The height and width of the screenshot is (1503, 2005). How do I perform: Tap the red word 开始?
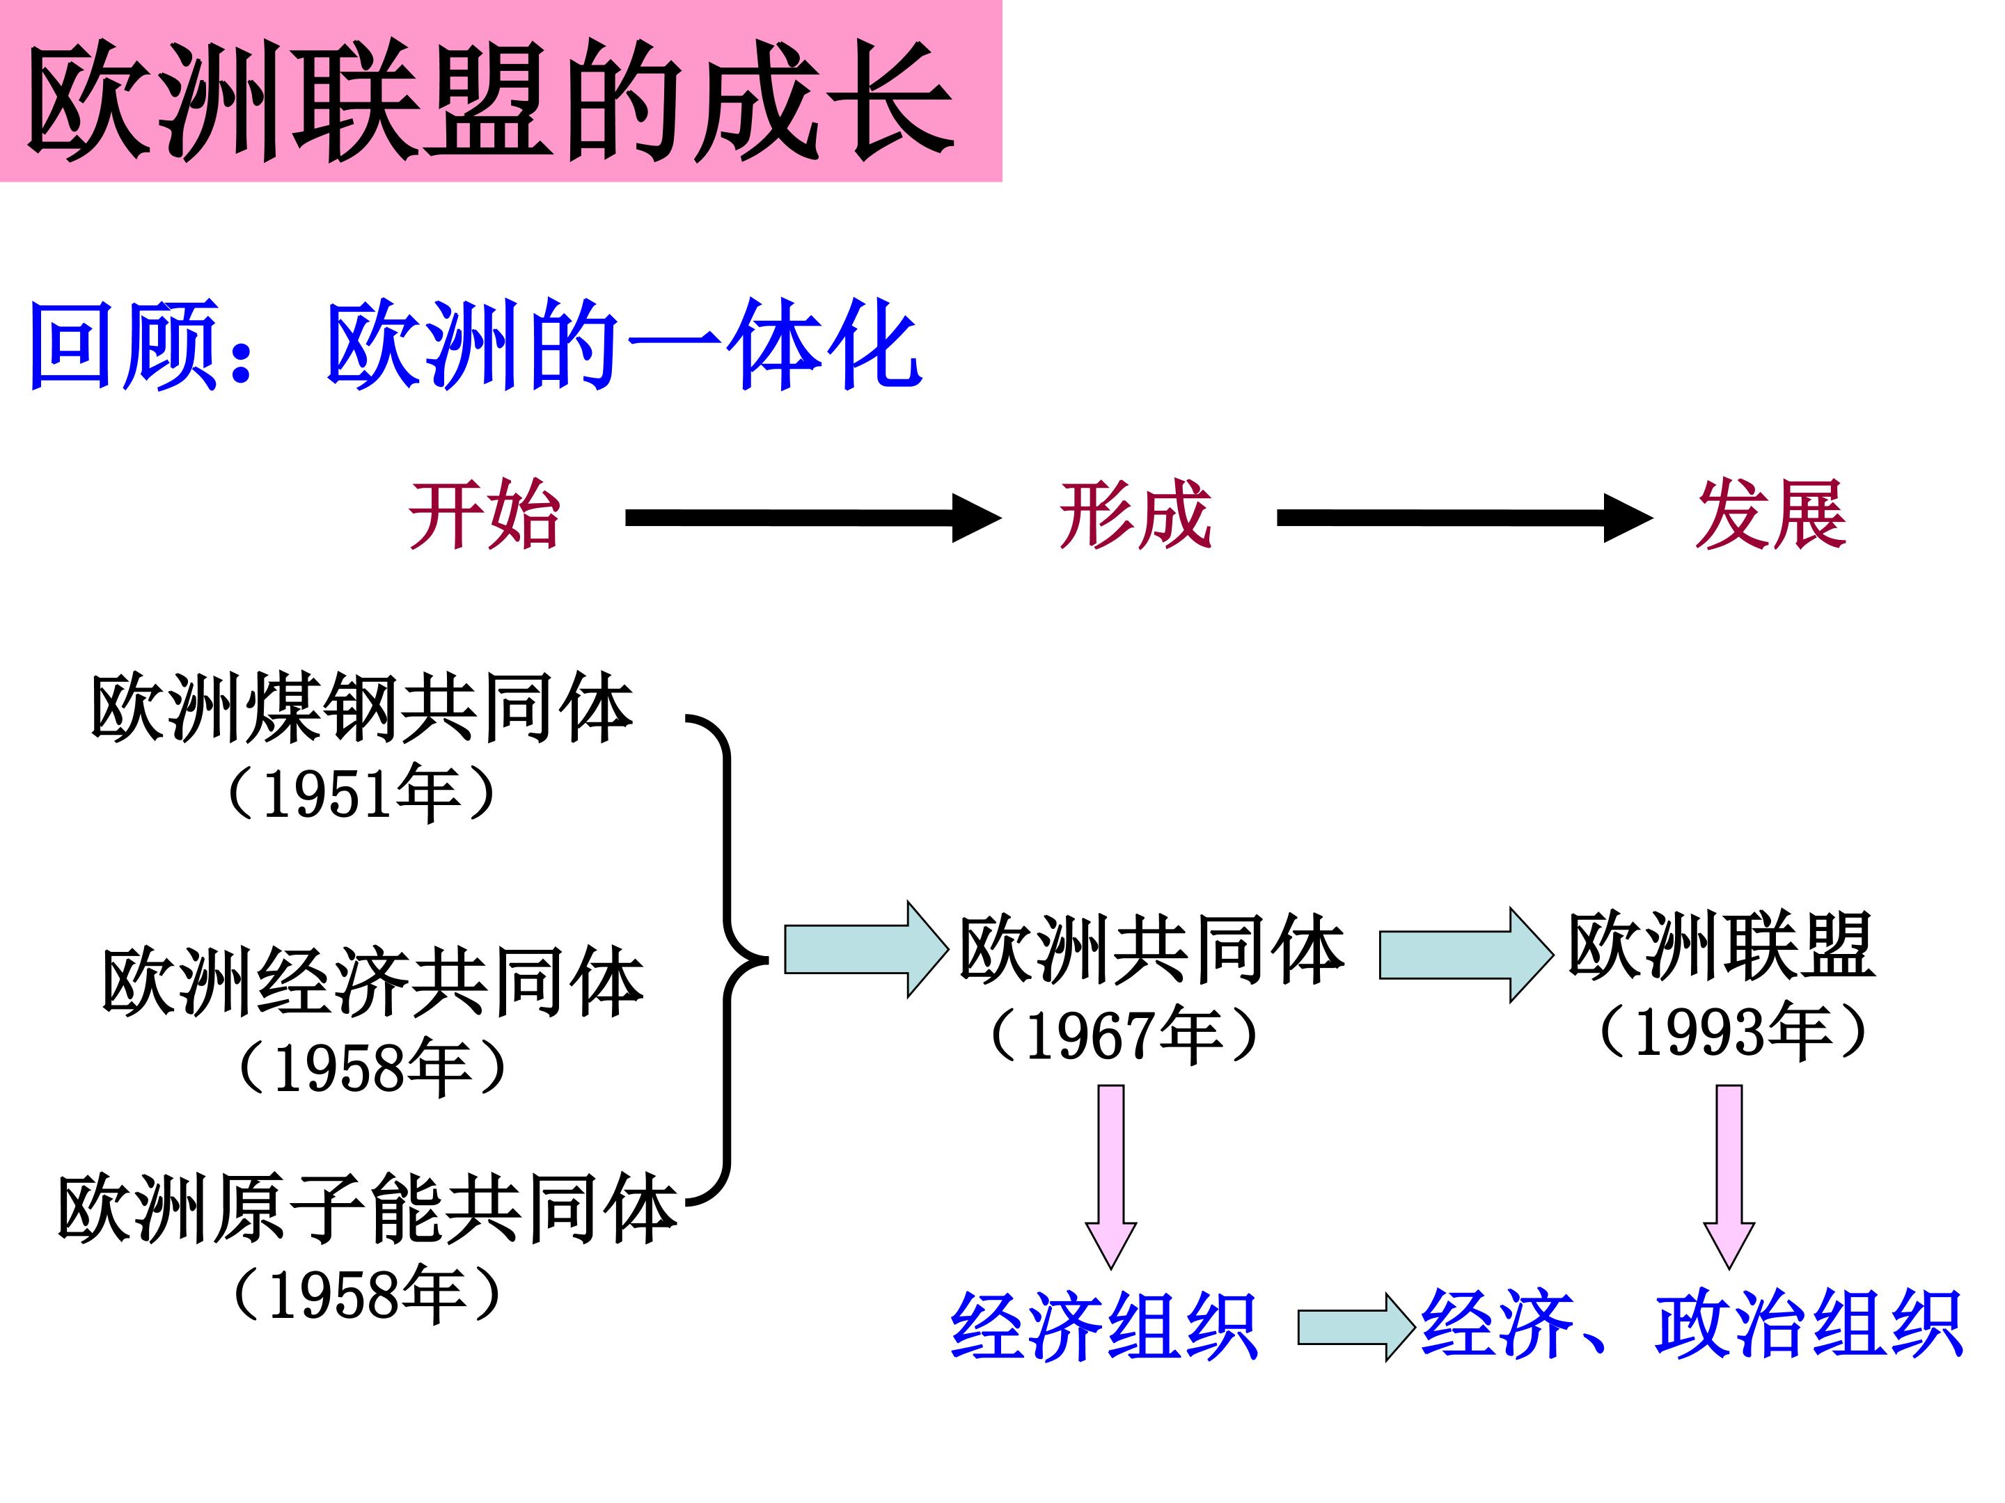[484, 516]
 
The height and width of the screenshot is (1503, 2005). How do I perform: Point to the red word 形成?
[1135, 516]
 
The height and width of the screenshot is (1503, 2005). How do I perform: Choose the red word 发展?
[1771, 516]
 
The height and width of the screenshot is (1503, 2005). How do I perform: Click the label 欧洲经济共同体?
[372, 983]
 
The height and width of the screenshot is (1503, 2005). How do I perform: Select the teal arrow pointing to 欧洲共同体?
[865, 949]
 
